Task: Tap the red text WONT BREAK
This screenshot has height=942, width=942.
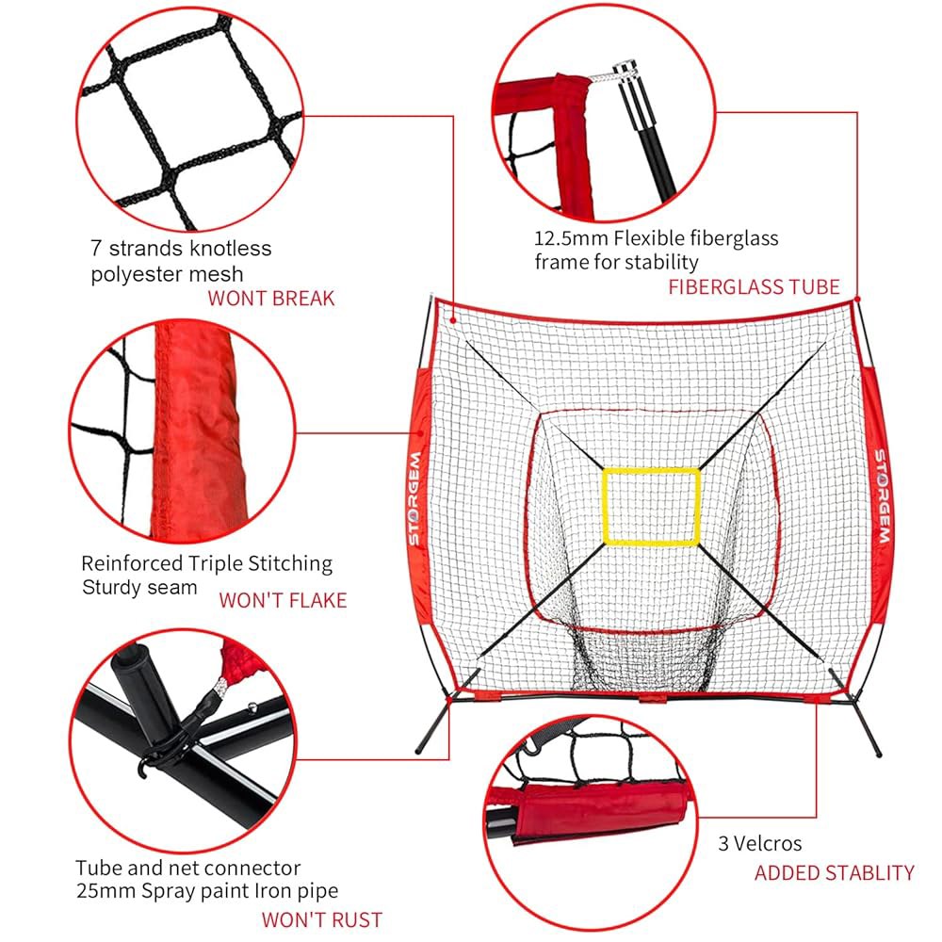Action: (x=271, y=299)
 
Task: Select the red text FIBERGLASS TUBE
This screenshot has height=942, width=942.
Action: (x=754, y=287)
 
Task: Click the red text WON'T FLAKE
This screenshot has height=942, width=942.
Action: (x=283, y=600)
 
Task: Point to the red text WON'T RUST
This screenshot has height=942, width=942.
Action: (x=322, y=919)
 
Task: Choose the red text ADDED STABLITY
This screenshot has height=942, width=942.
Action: (x=835, y=873)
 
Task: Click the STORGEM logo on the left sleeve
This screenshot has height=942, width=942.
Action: (x=414, y=499)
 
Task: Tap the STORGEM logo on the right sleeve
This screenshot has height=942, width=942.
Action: (x=882, y=496)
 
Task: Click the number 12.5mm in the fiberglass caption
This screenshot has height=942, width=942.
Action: (x=571, y=238)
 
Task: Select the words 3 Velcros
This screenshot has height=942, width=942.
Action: (x=760, y=843)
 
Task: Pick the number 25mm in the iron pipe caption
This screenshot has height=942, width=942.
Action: (x=106, y=891)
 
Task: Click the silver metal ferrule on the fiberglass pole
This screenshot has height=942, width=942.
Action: (x=625, y=73)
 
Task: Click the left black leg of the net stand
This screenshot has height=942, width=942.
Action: (x=433, y=723)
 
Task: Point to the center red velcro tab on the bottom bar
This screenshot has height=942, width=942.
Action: (x=653, y=698)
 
